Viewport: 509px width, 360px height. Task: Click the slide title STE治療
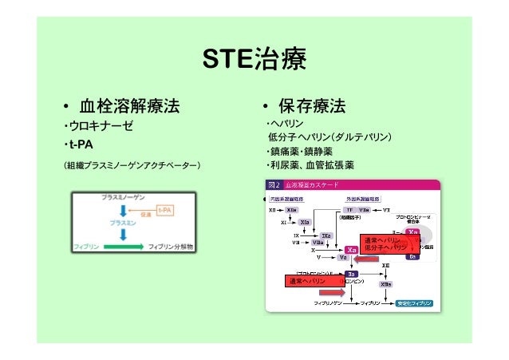(254, 60)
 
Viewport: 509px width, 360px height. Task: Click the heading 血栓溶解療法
(128, 105)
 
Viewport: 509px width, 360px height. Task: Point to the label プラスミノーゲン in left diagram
(120, 196)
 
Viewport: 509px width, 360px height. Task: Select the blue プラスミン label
(121, 224)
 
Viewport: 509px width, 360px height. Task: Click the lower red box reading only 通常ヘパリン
(308, 282)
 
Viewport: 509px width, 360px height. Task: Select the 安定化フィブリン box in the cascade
(415, 303)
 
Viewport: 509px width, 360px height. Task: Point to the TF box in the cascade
(348, 209)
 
